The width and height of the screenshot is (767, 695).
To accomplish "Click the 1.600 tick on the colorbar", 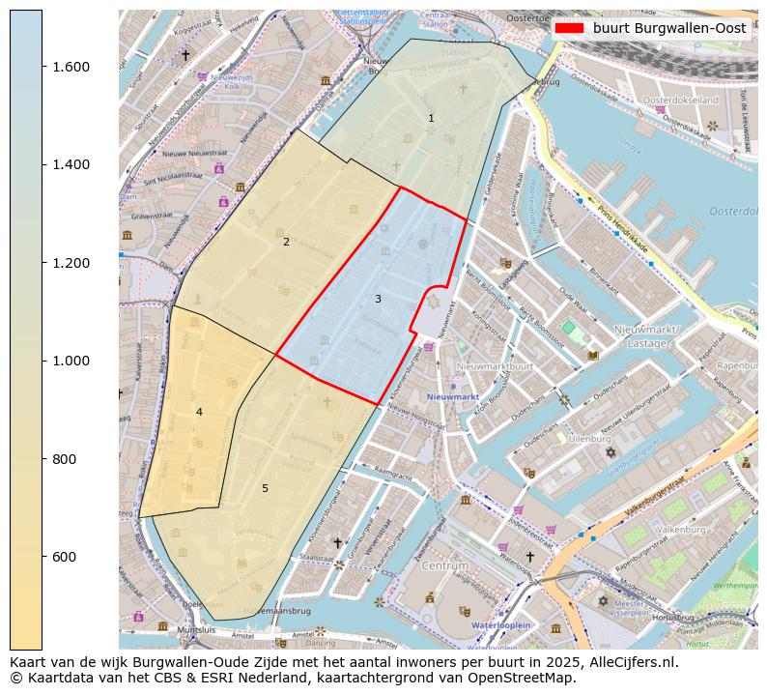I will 71,67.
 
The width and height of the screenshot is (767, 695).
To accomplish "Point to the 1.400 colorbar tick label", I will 71,164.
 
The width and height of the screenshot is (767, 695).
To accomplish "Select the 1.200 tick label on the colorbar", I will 71,263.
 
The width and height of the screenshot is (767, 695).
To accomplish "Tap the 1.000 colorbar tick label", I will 71,361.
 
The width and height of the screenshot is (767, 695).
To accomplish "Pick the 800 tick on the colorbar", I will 65,459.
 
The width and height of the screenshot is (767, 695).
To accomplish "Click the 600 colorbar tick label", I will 65,557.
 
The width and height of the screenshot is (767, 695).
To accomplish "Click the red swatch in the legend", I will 570,29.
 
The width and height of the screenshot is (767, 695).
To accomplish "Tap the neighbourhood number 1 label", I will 431,118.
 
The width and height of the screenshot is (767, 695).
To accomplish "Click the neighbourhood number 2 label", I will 286,242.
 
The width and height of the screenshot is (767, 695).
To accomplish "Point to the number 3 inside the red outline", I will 378,299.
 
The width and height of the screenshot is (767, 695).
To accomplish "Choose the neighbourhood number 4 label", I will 199,412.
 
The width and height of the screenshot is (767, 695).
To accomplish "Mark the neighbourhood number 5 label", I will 265,488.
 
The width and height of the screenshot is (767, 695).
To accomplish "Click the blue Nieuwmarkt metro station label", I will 453,397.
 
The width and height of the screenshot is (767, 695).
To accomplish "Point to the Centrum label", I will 444,565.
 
